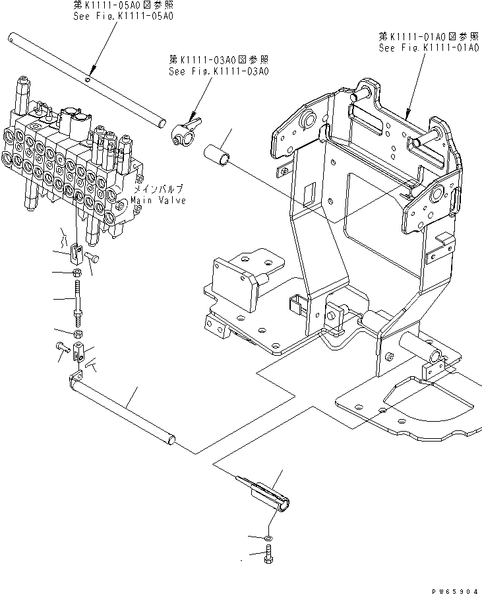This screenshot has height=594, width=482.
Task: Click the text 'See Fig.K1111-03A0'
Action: coord(219,72)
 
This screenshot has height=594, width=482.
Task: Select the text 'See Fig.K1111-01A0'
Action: coord(428,48)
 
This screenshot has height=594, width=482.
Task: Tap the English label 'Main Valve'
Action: coord(158,200)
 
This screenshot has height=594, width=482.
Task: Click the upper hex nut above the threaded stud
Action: coord(77,273)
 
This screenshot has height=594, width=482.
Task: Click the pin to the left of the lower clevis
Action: coord(61,345)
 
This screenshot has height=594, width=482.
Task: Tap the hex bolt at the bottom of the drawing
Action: coord(270,559)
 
